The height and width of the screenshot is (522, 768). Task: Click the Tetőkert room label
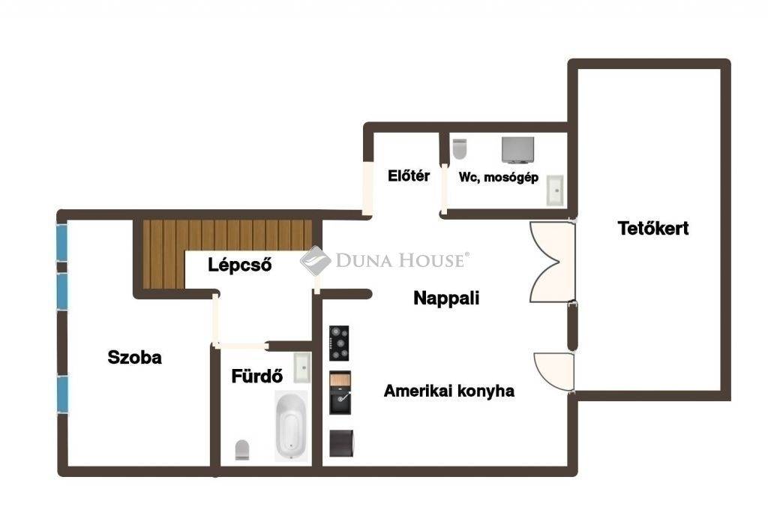pyautogui.click(x=653, y=229)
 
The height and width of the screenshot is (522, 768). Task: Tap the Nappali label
pyautogui.click(x=446, y=298)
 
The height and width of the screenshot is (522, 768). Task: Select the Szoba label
pyautogui.click(x=135, y=358)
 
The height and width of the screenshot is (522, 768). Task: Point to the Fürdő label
pyautogui.click(x=257, y=376)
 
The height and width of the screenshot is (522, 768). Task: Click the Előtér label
pyautogui.click(x=409, y=175)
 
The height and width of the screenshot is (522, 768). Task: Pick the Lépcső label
pyautogui.click(x=239, y=265)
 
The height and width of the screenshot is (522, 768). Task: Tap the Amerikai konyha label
pyautogui.click(x=449, y=391)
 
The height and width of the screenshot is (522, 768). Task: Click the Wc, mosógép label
pyautogui.click(x=499, y=177)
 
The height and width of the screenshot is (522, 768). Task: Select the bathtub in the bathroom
pyautogui.click(x=292, y=425)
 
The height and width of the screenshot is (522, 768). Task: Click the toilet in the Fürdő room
pyautogui.click(x=242, y=450)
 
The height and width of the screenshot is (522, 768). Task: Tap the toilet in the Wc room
pyautogui.click(x=460, y=148)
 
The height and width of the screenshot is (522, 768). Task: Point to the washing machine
pyautogui.click(x=517, y=150)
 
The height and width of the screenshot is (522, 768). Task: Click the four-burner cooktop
pyautogui.click(x=339, y=343)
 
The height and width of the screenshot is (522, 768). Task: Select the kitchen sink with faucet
pyautogui.click(x=340, y=393)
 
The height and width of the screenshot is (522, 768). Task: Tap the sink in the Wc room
pyautogui.click(x=555, y=190)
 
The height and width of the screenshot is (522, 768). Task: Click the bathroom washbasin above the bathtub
pyautogui.click(x=302, y=367)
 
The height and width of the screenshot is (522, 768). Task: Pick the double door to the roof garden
pyautogui.click(x=551, y=262)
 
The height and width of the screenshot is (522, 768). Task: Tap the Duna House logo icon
pyautogui.click(x=316, y=260)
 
